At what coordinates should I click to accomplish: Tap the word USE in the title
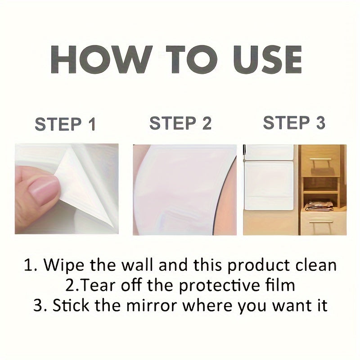point(267,59)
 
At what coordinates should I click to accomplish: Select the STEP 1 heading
point(65,124)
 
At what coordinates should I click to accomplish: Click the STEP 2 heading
point(180,123)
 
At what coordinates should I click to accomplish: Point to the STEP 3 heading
point(294,122)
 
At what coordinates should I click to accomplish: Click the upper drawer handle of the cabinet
point(320,159)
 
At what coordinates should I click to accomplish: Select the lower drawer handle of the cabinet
point(320,222)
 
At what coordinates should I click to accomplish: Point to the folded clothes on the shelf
point(319,206)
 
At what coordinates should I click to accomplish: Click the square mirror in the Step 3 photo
point(269,185)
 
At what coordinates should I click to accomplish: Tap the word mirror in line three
point(152,306)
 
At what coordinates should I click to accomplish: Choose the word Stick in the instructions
point(71,305)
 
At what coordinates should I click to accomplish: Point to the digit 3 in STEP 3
point(320,122)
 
